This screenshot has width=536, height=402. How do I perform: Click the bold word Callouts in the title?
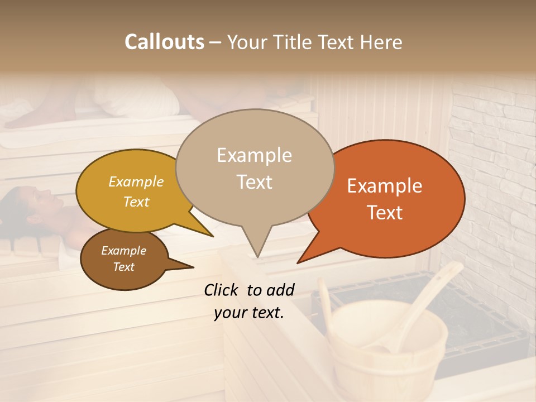click(x=164, y=42)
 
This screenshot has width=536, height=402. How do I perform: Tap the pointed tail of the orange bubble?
click(x=307, y=254)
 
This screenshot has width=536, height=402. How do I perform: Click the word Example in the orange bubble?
click(x=384, y=186)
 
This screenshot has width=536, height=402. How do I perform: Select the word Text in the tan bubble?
click(x=255, y=181)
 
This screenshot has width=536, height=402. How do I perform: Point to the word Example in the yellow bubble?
click(x=136, y=181)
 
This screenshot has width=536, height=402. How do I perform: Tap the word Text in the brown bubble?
click(x=124, y=267)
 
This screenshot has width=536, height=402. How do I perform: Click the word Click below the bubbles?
click(x=222, y=290)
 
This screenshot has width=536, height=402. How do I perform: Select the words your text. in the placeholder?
click(x=248, y=313)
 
